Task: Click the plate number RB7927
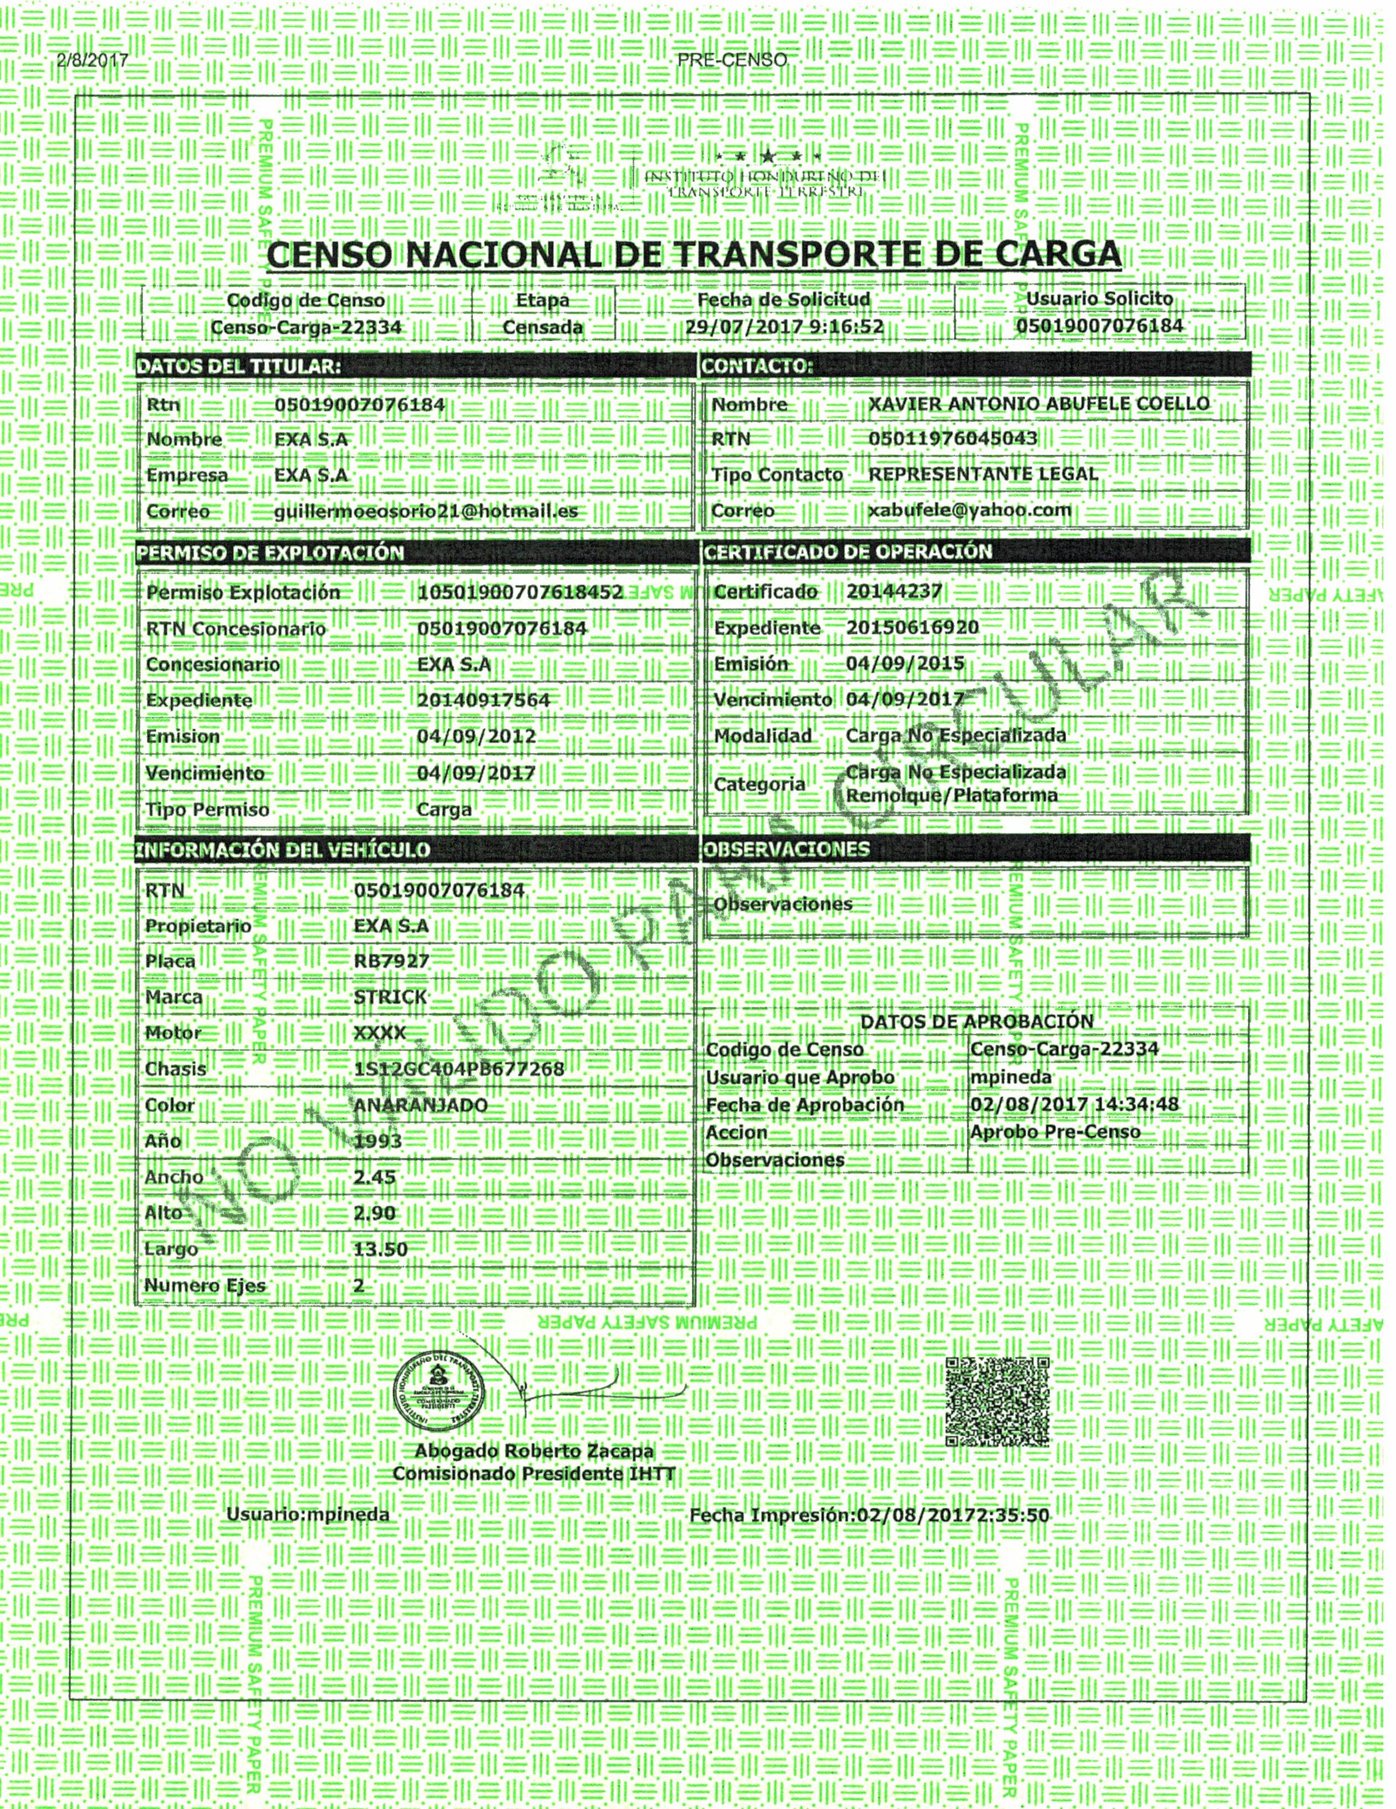coord(391,961)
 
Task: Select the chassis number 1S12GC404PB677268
coord(458,1069)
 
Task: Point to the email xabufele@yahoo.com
coord(970,510)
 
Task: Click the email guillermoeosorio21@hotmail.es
coord(426,511)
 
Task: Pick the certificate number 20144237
coord(894,591)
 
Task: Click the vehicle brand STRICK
coord(390,997)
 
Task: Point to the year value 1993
coord(378,1141)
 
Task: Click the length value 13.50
coord(380,1248)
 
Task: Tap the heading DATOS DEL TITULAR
coord(238,367)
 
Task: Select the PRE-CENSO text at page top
coord(731,60)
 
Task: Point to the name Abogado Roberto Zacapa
coord(534,1473)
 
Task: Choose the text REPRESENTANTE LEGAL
coord(983,474)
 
